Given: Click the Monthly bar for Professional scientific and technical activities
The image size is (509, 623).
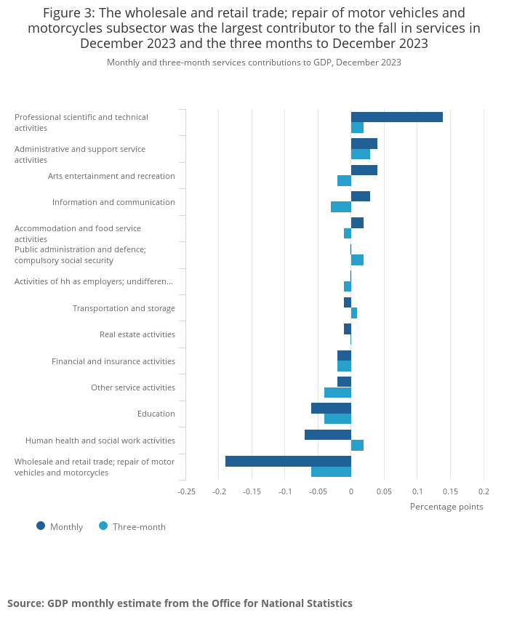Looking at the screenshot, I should tap(396, 117).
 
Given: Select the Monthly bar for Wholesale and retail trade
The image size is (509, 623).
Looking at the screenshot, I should tap(288, 461).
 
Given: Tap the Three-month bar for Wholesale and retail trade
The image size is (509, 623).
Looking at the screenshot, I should tap(331, 472).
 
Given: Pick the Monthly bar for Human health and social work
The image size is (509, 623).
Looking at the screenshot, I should tap(327, 435).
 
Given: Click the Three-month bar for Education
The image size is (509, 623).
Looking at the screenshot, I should tap(337, 419).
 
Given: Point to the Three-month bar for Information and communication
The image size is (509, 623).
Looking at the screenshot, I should tap(340, 207).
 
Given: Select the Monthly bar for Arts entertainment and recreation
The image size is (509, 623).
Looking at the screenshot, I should tap(364, 170).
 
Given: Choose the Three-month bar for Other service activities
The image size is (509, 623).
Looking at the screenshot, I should tap(337, 393).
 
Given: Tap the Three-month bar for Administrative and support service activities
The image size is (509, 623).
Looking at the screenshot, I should tap(360, 154).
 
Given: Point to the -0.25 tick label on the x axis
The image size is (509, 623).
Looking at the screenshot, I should tap(186, 491).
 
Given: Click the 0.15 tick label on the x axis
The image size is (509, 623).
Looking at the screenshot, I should tap(450, 491).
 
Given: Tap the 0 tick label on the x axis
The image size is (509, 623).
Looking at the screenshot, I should tap(350, 491).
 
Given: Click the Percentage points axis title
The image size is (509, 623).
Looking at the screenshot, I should tap(446, 507).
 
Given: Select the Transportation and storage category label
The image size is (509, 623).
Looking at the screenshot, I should tap(124, 308).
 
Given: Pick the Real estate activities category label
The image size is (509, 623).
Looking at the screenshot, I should tap(137, 334).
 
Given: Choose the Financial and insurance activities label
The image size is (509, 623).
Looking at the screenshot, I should tap(113, 361).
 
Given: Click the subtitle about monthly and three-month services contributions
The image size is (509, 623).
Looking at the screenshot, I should tap(254, 63).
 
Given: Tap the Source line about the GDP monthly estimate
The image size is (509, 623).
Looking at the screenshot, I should tap(180, 603).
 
